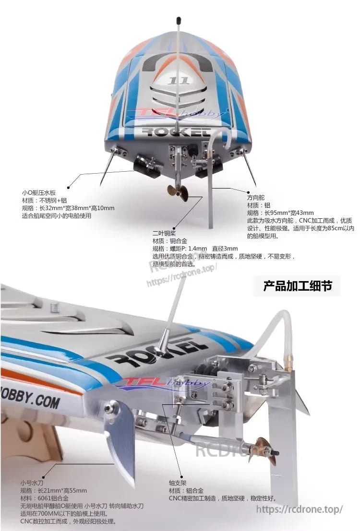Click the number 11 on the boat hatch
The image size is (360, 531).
(179, 80)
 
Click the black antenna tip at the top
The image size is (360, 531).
(179, 21)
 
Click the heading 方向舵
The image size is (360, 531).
(256, 198)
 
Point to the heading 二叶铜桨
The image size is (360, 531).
(163, 233)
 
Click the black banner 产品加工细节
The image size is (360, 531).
(297, 286)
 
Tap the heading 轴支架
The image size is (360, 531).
(178, 483)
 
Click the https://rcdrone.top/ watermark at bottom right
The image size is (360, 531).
(300, 509)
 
